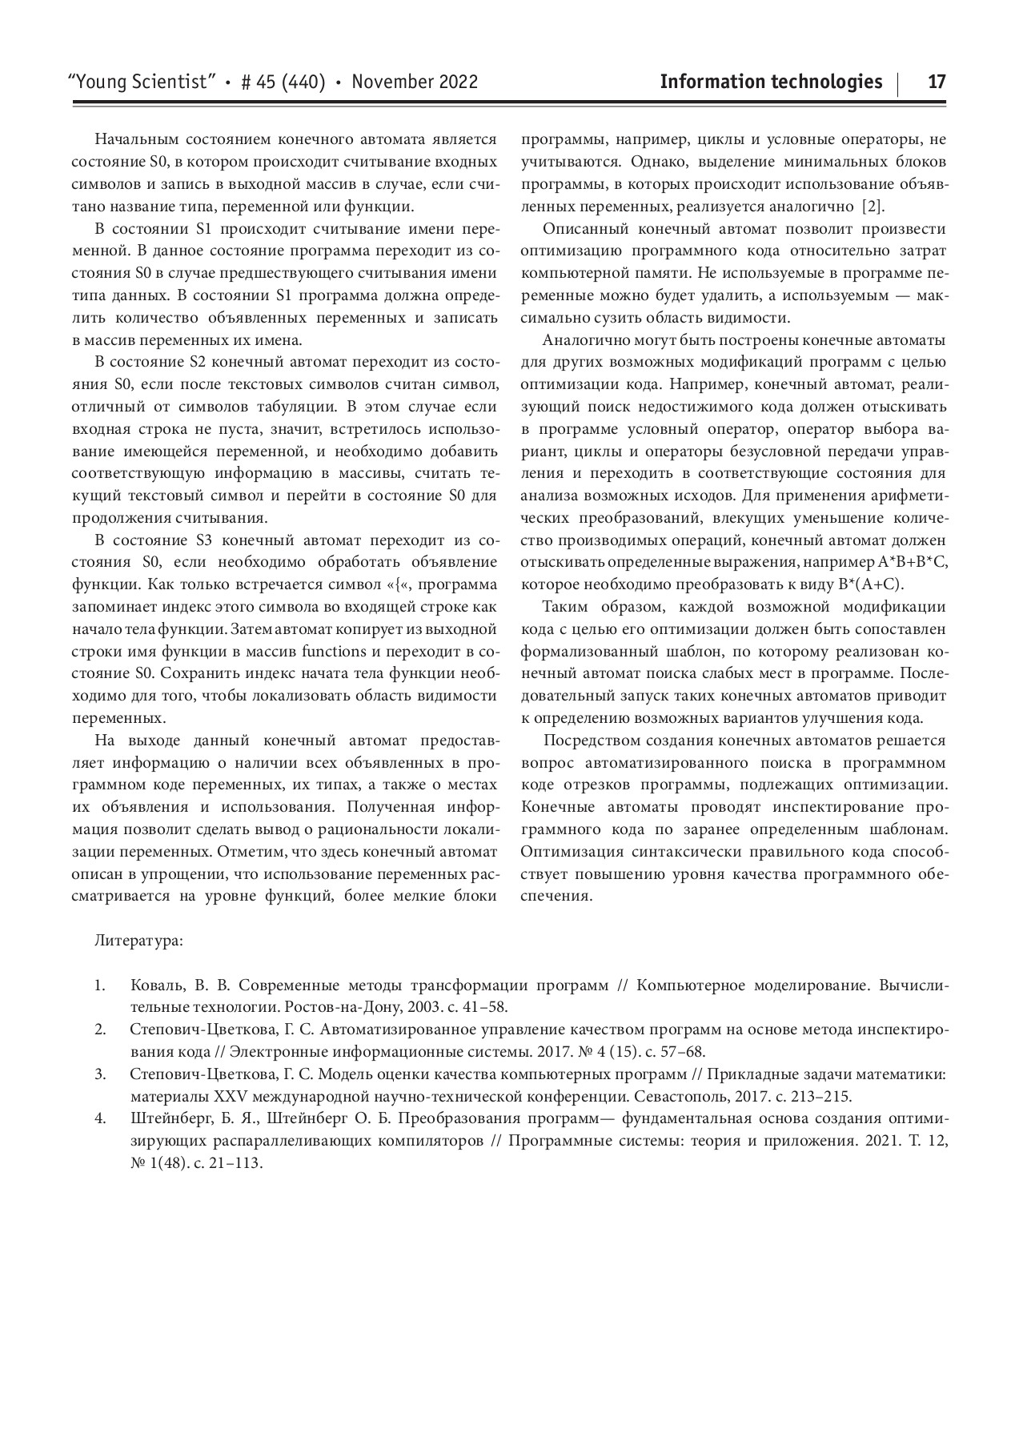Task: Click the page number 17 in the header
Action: (x=937, y=82)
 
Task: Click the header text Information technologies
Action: (x=771, y=82)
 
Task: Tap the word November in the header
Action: (x=389, y=82)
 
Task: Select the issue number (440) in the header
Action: (x=303, y=82)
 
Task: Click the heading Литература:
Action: (x=138, y=940)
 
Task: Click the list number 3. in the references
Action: (x=100, y=1074)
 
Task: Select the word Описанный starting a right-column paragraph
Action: (x=580, y=230)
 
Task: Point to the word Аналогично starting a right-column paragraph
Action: (x=585, y=341)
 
